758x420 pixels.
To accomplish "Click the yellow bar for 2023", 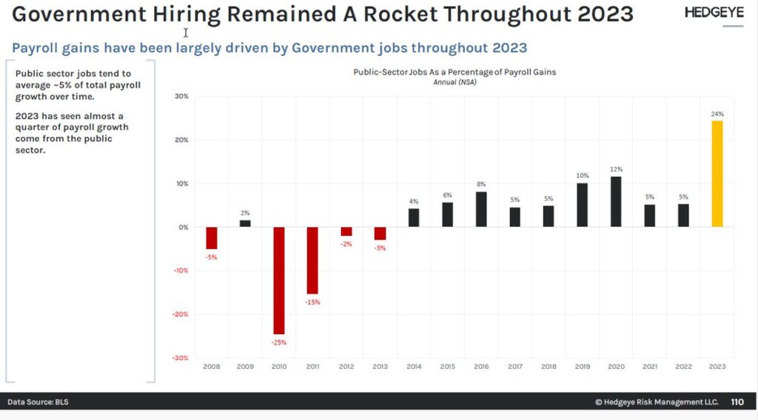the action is coord(717,174).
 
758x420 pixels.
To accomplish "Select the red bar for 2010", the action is coord(279,280).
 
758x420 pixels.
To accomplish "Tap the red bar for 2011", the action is coord(312,260).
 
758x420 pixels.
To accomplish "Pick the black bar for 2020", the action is coord(616,202).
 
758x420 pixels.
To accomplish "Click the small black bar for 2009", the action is coord(245,223).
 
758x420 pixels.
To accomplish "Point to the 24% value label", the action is coord(717,114).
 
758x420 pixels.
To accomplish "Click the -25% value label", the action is coord(279,342).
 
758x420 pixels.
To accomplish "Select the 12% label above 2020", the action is coord(617,169).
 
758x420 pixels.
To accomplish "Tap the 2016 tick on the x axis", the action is coord(481,367).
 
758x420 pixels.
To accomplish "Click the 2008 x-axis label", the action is coord(211,367).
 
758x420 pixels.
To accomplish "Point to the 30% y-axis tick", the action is coord(182,97).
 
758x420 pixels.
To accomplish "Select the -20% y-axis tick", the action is coord(181,314).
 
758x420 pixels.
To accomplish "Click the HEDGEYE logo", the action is coord(714,13).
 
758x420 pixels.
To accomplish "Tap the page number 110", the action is coord(737,402).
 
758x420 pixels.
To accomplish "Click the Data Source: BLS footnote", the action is coord(38,402).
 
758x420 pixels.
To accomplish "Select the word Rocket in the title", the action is coord(400,14).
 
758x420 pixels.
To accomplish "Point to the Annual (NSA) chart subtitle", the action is coord(455,82).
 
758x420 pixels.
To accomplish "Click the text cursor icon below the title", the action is coord(186,33).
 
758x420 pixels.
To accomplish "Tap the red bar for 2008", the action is coord(211,238).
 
